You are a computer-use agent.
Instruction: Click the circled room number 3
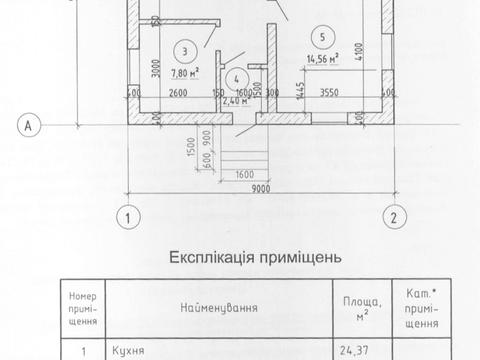[x=183, y=50]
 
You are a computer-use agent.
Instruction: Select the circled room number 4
[x=237, y=77]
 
